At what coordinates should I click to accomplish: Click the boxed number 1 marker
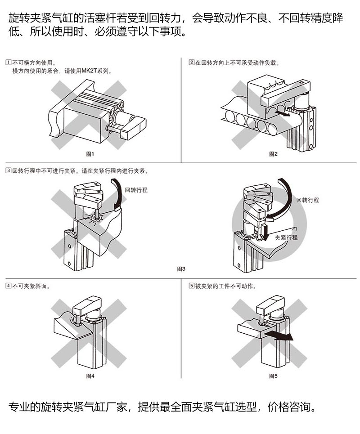pos(9,63)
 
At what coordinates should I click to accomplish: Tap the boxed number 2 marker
pos(191,63)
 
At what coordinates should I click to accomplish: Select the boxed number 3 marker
pos(9,171)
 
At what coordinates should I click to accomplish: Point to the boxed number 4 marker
pos(9,286)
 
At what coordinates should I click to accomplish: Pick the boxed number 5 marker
pos(191,286)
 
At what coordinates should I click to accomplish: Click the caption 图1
pos(90,154)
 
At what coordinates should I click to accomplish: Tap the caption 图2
pos(273,154)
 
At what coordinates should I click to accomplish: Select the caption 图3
pos(181,269)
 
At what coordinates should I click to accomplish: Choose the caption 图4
pos(90,376)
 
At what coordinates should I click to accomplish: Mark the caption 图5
pos(273,376)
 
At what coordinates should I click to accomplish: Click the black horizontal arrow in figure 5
pos(279,336)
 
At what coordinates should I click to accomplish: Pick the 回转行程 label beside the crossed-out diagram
pos(136,190)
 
